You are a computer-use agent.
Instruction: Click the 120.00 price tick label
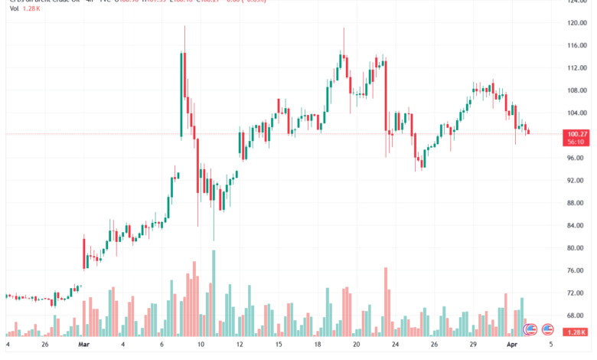click(x=576, y=23)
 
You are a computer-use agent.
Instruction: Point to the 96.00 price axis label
click(x=576, y=158)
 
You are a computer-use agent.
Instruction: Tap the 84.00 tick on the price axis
click(x=576, y=225)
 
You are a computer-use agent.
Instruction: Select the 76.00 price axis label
click(x=576, y=270)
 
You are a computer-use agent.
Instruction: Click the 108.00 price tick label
click(x=576, y=90)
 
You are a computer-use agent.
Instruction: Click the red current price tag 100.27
click(x=577, y=133)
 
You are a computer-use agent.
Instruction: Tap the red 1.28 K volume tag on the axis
click(x=577, y=332)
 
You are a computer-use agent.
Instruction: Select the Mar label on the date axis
click(x=84, y=345)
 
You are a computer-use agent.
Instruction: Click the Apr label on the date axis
click(x=512, y=345)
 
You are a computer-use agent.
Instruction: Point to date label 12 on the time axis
click(x=240, y=345)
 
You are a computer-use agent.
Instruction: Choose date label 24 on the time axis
click(x=394, y=345)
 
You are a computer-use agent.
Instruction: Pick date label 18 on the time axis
click(x=318, y=345)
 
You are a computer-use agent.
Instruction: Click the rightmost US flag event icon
click(x=547, y=330)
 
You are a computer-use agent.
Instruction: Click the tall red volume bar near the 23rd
click(x=386, y=303)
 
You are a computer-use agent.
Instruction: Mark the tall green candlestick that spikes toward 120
click(x=181, y=92)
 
